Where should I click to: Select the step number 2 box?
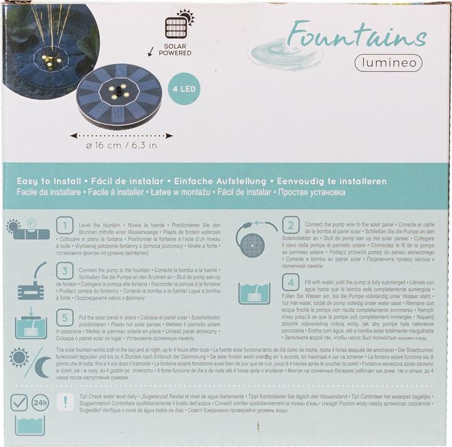tap(290, 225)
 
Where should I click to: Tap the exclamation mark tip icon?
tap(64, 402)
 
